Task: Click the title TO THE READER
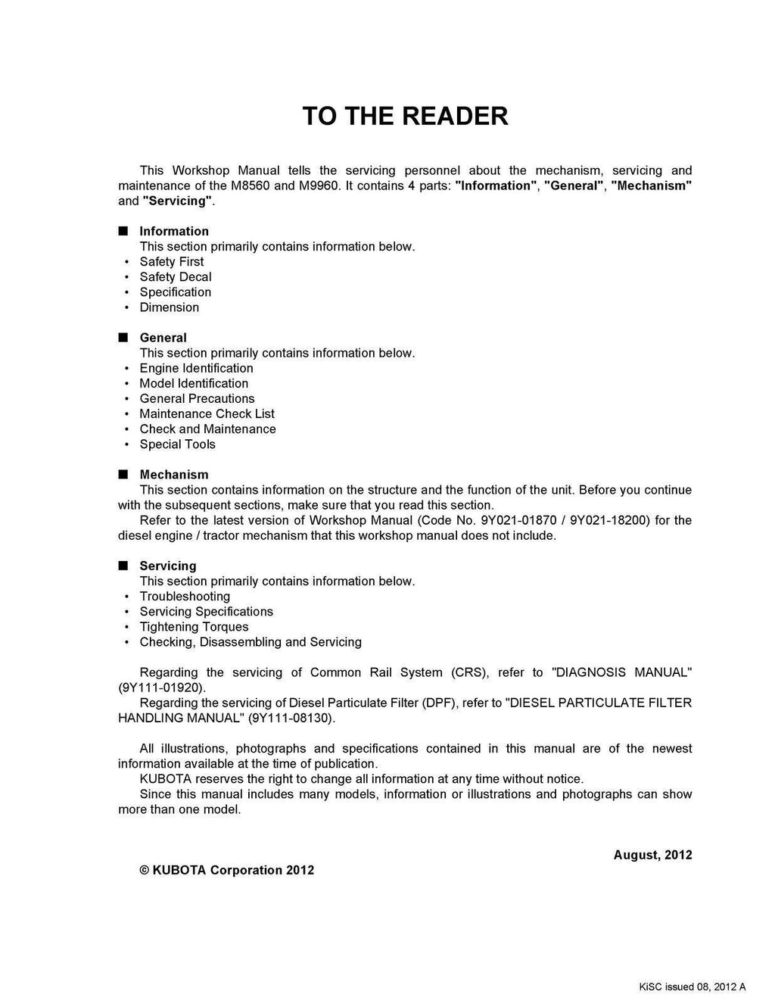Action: (405, 116)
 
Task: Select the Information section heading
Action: (174, 231)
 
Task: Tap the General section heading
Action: (163, 338)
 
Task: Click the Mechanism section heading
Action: (174, 475)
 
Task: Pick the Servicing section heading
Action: (168, 566)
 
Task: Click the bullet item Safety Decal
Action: (176, 277)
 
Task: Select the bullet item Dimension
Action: (170, 307)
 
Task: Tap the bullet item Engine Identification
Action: (197, 368)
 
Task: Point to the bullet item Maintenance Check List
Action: (207, 413)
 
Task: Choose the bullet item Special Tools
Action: (178, 444)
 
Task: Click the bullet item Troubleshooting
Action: (185, 597)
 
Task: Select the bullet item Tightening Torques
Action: (194, 627)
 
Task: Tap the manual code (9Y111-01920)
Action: (161, 688)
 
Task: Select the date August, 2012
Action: (652, 855)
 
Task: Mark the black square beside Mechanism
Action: (123, 475)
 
